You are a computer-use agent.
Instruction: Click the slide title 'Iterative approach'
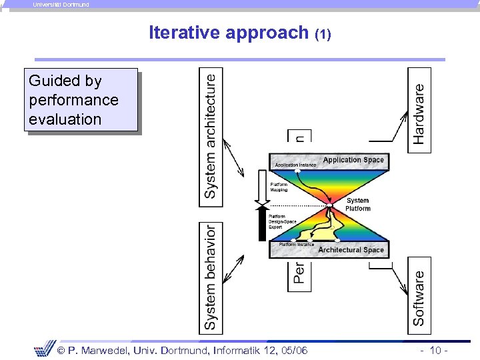(229, 33)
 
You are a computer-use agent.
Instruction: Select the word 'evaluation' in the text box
(65, 120)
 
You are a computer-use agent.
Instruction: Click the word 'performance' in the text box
(73, 101)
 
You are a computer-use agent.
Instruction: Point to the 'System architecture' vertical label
(211, 136)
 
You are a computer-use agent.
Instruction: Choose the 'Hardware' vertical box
(419, 111)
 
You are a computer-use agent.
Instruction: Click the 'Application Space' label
(353, 160)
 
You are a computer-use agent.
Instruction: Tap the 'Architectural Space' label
(351, 250)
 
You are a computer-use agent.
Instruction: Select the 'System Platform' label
(358, 205)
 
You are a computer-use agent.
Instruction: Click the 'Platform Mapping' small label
(279, 187)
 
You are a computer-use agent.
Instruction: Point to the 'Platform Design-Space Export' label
(282, 221)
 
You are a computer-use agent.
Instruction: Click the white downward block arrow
(262, 187)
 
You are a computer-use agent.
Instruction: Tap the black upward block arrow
(262, 223)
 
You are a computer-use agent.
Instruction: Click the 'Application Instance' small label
(295, 165)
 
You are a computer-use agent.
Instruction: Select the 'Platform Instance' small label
(296, 245)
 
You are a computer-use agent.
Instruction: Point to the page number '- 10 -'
(433, 351)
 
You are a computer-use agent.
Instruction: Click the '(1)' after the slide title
(323, 34)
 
